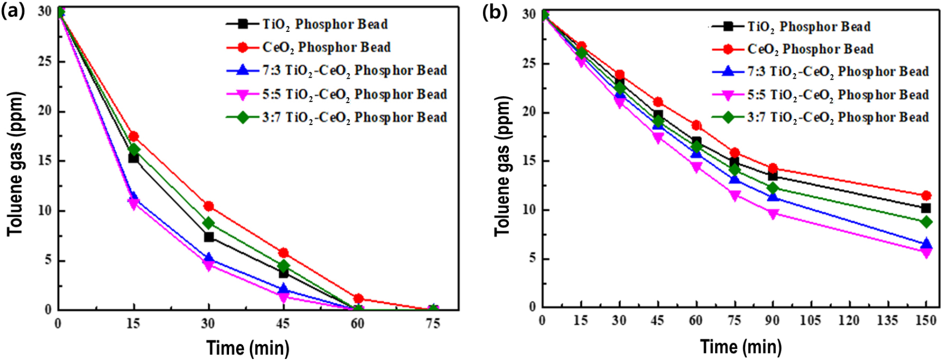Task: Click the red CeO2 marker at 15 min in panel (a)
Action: (x=133, y=136)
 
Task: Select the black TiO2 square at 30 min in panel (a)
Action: (x=209, y=237)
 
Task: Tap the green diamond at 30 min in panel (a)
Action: (x=209, y=223)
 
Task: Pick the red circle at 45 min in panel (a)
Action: (x=283, y=253)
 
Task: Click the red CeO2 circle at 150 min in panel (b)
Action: (x=926, y=196)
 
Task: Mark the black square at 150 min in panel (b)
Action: (x=926, y=208)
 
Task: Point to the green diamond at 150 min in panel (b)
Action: (x=926, y=222)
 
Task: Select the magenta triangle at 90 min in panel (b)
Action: (x=773, y=215)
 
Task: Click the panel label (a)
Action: (x=12, y=10)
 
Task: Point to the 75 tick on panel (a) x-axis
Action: (x=433, y=324)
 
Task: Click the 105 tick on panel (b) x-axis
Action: (x=810, y=320)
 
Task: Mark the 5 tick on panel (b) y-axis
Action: (x=532, y=258)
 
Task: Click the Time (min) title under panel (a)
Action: (x=247, y=348)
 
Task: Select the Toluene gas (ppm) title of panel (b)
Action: (x=502, y=166)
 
